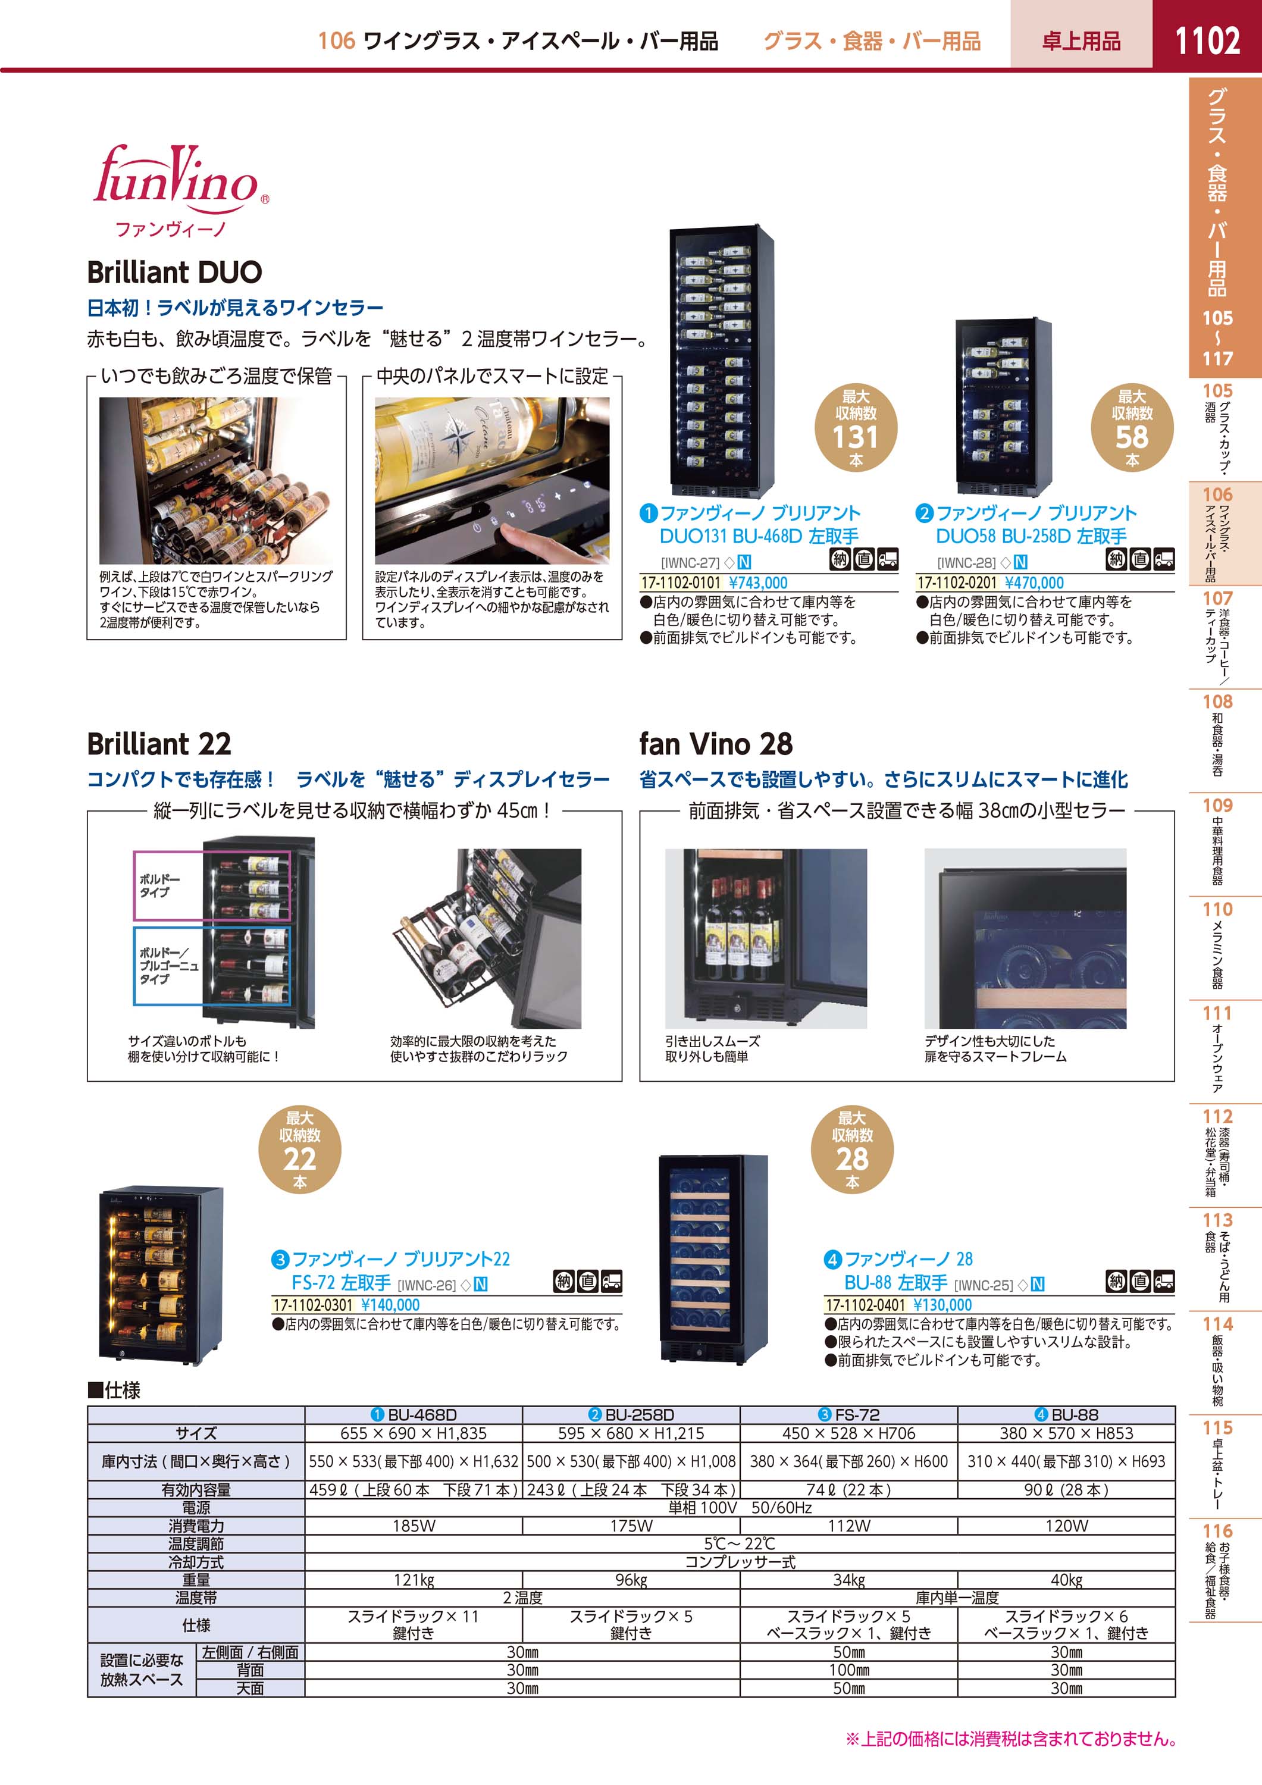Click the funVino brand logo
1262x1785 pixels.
181,190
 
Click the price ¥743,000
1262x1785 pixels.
758,583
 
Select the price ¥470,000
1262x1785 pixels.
1034,583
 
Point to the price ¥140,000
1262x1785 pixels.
390,1305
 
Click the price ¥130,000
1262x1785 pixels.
942,1305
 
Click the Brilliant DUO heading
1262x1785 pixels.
174,272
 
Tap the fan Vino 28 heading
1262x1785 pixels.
715,744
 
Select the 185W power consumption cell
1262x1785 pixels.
414,1526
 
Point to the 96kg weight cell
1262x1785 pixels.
631,1580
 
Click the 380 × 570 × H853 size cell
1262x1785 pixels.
1066,1433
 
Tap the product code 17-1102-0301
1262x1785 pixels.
312,1305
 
